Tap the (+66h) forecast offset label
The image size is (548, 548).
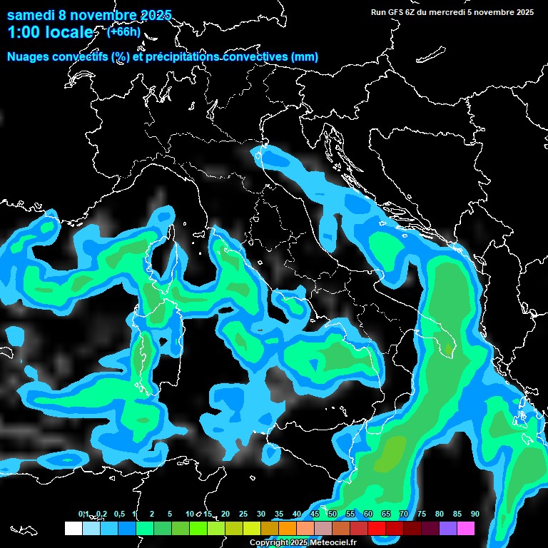click(123, 31)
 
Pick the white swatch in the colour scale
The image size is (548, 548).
click(73, 529)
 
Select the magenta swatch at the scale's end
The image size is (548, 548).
click(466, 529)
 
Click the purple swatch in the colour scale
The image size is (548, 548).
click(448, 529)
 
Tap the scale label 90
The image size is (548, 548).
click(475, 514)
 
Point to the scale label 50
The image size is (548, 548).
click(333, 514)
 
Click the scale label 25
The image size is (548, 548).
click(243, 514)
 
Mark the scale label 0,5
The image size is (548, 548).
click(118, 514)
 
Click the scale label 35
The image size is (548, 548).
click(279, 514)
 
